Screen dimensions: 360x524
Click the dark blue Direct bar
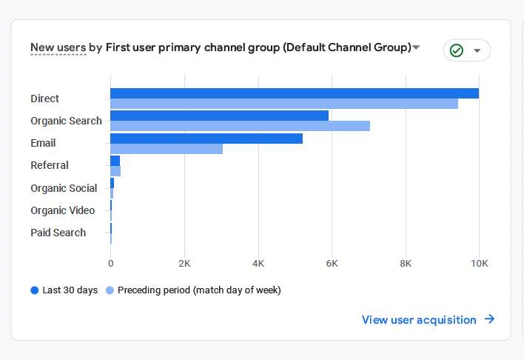(295, 93)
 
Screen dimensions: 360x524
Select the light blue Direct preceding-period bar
(284, 104)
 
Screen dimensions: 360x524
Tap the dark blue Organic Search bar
(219, 116)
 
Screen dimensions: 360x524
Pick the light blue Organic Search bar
(240, 126)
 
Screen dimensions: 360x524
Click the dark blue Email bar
(206, 138)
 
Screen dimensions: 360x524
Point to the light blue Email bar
(167, 148)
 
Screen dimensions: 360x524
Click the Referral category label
(50, 165)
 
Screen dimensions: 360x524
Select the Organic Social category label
(64, 188)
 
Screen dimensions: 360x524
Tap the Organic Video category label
(63, 210)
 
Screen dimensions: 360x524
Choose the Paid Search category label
(58, 233)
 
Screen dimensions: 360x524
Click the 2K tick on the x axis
(184, 263)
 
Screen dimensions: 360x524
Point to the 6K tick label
(332, 263)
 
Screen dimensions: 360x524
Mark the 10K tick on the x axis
(479, 263)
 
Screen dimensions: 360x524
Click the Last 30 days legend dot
(35, 290)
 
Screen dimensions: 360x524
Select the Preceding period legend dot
(110, 290)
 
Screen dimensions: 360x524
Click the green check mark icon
(457, 50)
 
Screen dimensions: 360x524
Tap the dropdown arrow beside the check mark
(477, 50)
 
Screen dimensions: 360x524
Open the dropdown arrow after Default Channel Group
(416, 47)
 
